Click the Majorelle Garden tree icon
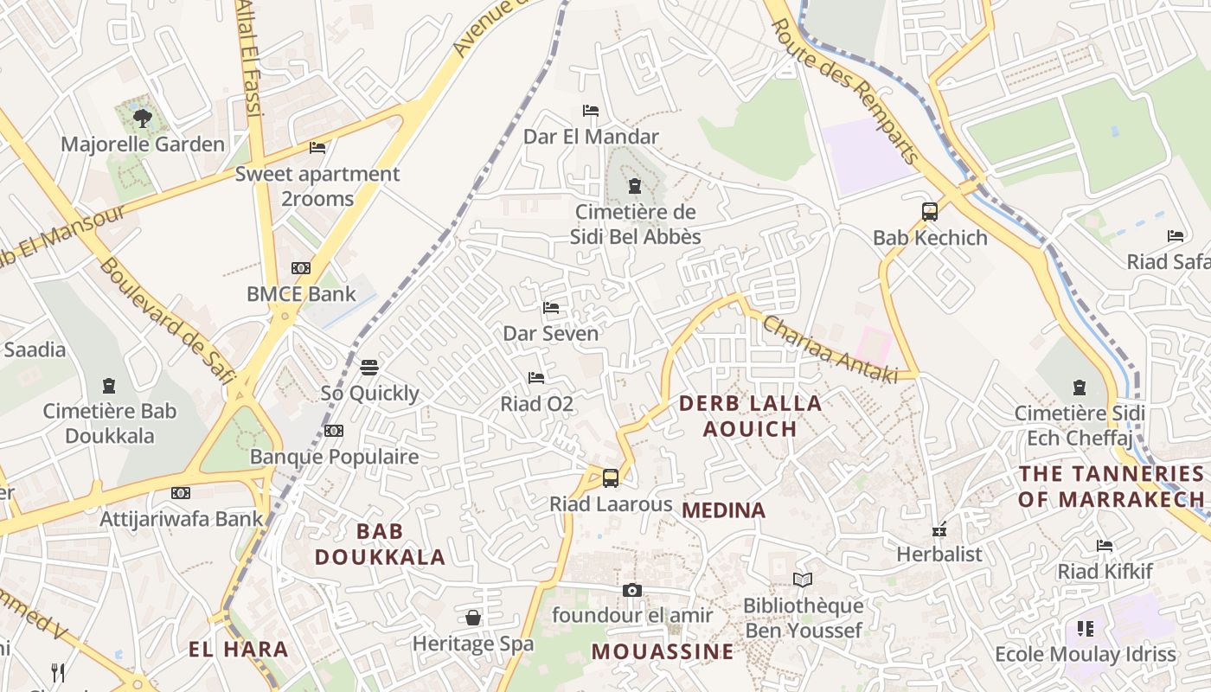[142, 118]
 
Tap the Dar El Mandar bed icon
[591, 111]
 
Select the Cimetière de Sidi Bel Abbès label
[636, 224]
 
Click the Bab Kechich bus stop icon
[930, 212]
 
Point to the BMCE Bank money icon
[300, 268]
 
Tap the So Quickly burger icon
[369, 368]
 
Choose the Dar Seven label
[551, 333]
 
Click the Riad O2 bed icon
[536, 378]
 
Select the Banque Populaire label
[334, 457]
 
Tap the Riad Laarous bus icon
[611, 477]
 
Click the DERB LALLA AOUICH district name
[750, 416]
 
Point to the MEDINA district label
[724, 510]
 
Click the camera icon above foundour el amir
[632, 590]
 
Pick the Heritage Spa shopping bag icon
[473, 618]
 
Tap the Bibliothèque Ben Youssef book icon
[803, 580]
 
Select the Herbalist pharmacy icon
[939, 529]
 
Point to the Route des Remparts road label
[845, 91]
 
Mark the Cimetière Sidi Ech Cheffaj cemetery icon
[1080, 387]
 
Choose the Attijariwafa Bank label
[182, 519]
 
